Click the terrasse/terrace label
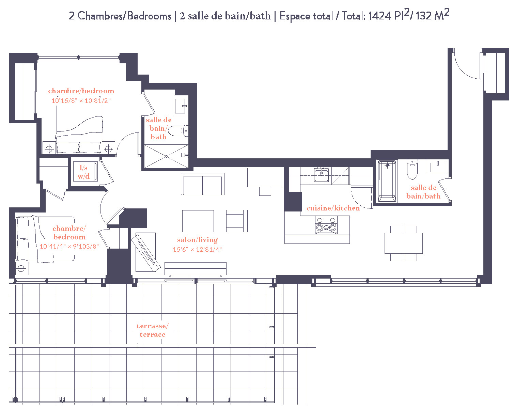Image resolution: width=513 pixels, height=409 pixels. coord(152,330)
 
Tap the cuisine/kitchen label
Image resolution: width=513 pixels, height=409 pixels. coord(333,208)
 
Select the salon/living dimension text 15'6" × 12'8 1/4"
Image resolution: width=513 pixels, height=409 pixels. coord(197,249)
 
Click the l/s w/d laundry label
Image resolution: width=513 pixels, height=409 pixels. coord(84,172)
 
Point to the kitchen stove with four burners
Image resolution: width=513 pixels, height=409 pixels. coord(326,225)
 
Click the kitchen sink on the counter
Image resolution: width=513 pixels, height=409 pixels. coord(321,175)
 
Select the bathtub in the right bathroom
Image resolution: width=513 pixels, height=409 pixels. coord(387,182)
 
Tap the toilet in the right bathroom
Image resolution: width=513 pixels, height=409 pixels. coord(412,170)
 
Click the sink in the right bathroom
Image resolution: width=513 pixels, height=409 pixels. coord(438,167)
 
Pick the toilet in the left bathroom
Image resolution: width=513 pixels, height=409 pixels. coord(178,131)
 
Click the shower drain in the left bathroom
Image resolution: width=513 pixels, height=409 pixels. coord(166,156)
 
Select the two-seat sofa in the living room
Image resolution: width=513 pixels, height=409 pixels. coord(203,184)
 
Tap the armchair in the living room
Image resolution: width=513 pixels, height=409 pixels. coord(236,221)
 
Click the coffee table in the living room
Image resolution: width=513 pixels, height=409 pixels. coord(198,221)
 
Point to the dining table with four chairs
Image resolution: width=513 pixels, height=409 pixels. coord(404,243)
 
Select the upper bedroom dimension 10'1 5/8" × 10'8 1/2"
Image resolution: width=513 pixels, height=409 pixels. coord(81,101)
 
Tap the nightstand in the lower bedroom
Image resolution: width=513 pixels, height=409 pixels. coord(21,269)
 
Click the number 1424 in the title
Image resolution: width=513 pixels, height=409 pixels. coord(379,16)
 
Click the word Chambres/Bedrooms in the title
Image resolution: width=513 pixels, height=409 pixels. coord(124,16)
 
